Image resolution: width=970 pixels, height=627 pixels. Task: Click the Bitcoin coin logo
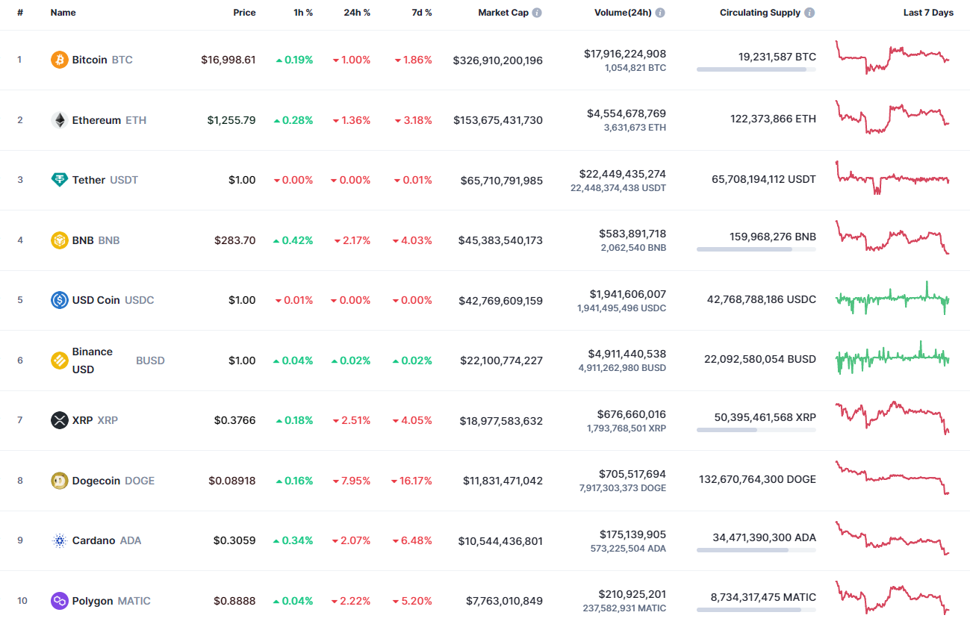click(59, 60)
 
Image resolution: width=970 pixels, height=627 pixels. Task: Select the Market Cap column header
click(503, 13)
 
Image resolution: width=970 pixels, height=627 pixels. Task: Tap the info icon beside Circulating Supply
click(810, 13)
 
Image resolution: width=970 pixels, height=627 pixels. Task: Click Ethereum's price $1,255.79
click(231, 120)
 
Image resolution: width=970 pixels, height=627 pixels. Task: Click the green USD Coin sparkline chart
click(892, 299)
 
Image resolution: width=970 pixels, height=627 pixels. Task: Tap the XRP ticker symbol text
click(108, 420)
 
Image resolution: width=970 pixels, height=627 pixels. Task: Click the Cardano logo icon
click(59, 541)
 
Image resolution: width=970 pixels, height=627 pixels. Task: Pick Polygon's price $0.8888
click(234, 601)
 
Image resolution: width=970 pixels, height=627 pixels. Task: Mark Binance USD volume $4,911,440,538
click(621, 354)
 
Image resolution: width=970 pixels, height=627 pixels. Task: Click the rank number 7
click(20, 420)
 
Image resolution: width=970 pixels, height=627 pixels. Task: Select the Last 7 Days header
click(927, 13)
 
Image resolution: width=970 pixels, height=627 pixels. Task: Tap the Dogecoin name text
click(96, 481)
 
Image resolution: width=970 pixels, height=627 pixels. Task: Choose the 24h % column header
click(356, 13)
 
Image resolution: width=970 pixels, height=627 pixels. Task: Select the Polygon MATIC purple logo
click(59, 601)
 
